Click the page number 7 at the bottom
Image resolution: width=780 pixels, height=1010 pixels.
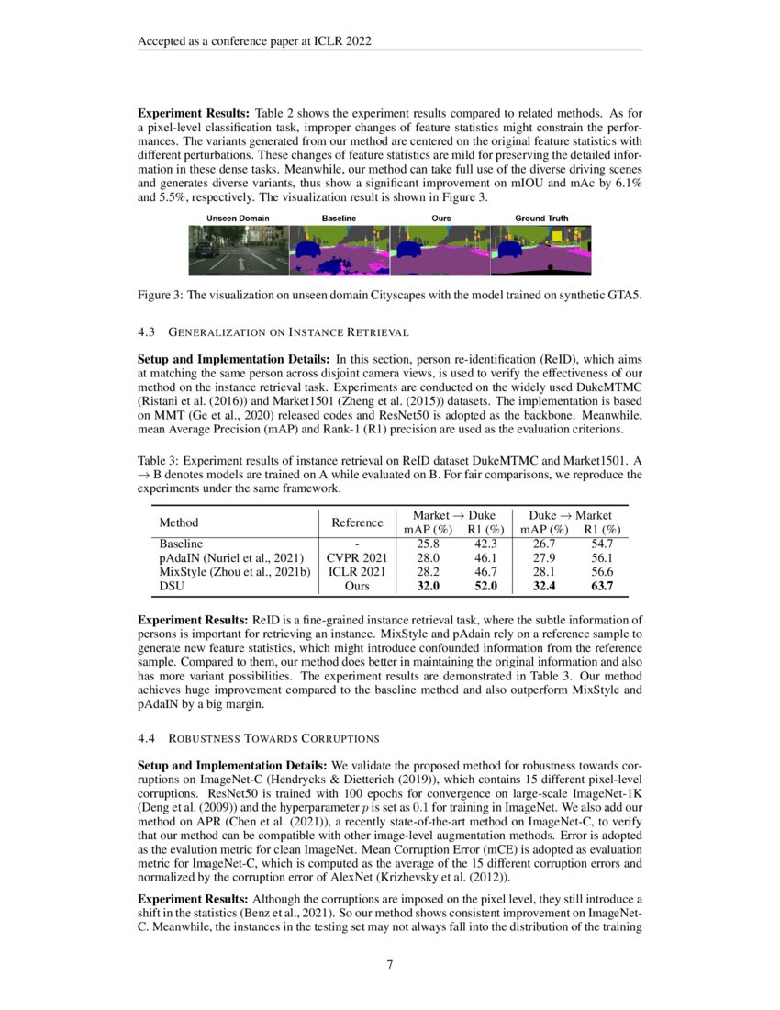pos(390,965)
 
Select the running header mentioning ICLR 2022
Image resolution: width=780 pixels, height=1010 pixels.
pos(254,42)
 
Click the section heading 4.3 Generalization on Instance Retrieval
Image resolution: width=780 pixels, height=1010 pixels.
pos(273,331)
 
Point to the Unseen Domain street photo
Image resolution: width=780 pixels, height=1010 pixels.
pos(239,251)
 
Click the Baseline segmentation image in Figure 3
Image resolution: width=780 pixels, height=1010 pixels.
pos(339,251)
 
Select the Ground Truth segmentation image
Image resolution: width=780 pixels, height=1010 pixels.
pos(540,251)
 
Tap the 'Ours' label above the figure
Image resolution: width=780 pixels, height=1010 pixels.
pos(440,219)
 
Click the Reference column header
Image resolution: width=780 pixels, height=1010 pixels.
pos(357,522)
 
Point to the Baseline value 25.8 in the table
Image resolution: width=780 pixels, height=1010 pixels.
pos(429,544)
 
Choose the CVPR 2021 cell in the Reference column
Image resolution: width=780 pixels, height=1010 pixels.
pos(357,556)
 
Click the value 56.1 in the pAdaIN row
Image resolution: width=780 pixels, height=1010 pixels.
pos(602,556)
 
